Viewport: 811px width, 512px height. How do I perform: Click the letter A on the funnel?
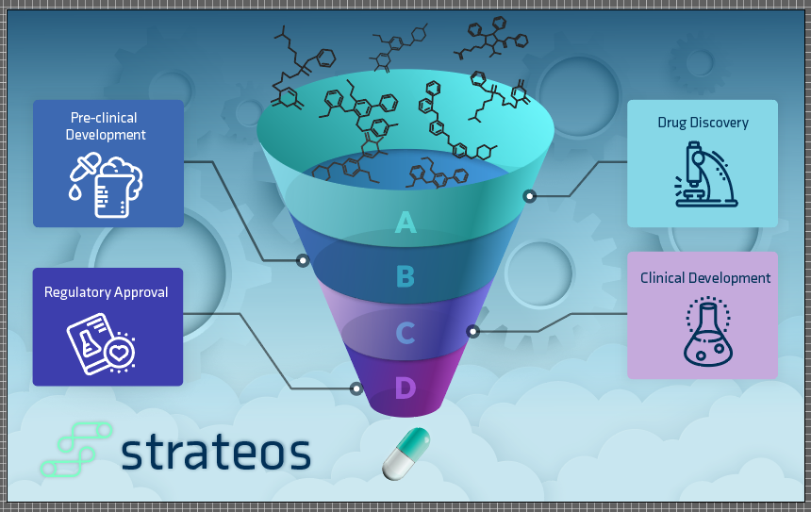[405, 222]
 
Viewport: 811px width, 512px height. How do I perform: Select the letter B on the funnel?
[405, 276]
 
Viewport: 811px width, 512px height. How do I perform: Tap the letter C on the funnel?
[405, 333]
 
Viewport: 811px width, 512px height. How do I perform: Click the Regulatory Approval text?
[107, 292]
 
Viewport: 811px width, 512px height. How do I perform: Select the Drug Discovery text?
[703, 123]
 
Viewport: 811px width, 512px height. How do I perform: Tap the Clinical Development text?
[705, 278]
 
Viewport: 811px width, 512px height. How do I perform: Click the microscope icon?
[703, 173]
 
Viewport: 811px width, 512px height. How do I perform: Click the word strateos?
[216, 453]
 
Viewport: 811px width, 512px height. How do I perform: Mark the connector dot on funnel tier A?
[530, 196]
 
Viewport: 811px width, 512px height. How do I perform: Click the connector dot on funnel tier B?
[303, 259]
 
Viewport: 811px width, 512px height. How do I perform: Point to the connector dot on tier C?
[472, 331]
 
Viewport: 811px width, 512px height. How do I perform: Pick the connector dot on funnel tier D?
[356, 388]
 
